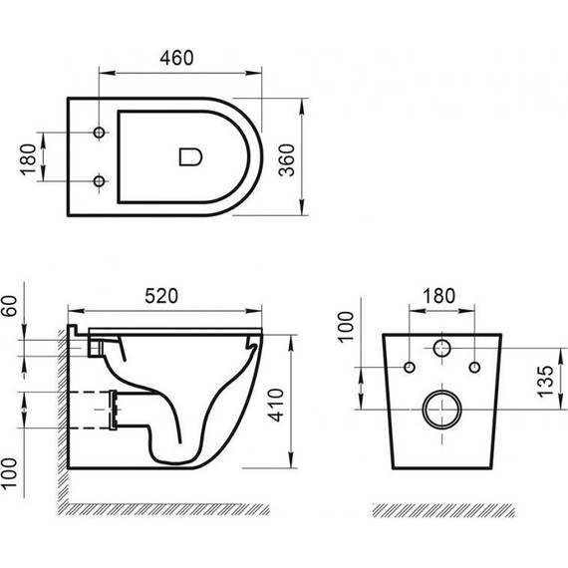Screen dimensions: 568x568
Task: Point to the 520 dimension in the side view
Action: (161, 295)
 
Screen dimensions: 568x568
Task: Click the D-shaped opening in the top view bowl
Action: (188, 156)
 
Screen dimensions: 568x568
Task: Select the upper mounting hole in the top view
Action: (98, 133)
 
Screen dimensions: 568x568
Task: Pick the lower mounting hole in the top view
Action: (98, 180)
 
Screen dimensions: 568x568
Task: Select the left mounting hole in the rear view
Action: (410, 369)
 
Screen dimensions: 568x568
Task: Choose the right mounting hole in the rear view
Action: (474, 369)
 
